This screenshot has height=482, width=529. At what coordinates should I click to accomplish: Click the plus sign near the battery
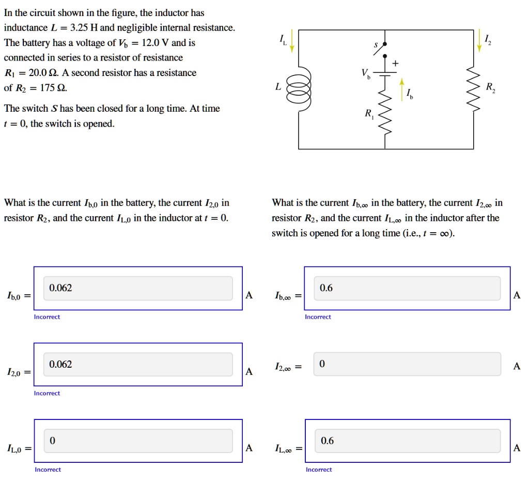[x=396, y=63]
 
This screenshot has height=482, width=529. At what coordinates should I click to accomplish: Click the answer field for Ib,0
[x=138, y=288]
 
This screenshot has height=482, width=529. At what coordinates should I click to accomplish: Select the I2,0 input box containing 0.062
[x=138, y=365]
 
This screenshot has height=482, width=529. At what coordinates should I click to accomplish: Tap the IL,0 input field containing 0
[x=138, y=441]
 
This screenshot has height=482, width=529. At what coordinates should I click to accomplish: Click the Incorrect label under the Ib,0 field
[x=47, y=317]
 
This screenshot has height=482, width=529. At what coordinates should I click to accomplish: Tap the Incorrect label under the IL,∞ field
[x=319, y=470]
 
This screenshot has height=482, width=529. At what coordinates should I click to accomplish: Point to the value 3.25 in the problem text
[x=80, y=27]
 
